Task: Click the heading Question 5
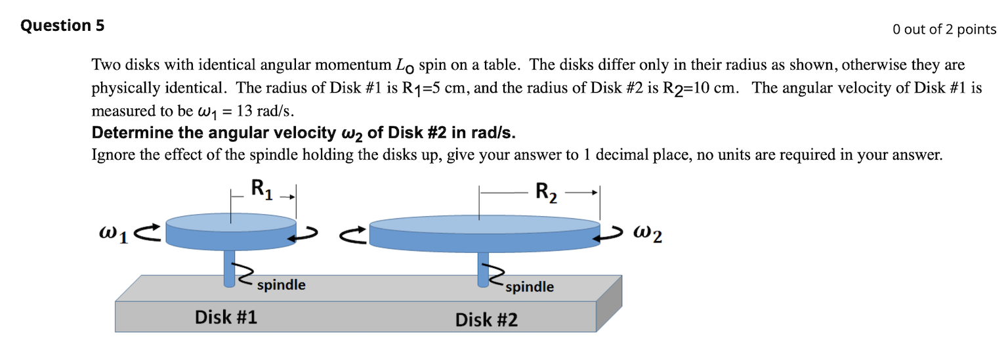click(x=62, y=26)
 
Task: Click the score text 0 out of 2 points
click(x=944, y=29)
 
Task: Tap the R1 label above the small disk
click(x=261, y=189)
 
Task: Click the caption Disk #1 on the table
click(x=226, y=317)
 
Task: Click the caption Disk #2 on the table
click(x=486, y=320)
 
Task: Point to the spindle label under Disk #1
click(x=281, y=285)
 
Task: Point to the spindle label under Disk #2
click(x=529, y=286)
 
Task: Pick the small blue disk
click(x=231, y=234)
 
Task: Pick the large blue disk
click(x=485, y=234)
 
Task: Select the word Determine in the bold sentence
click(x=127, y=133)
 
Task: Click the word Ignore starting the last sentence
click(x=112, y=155)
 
